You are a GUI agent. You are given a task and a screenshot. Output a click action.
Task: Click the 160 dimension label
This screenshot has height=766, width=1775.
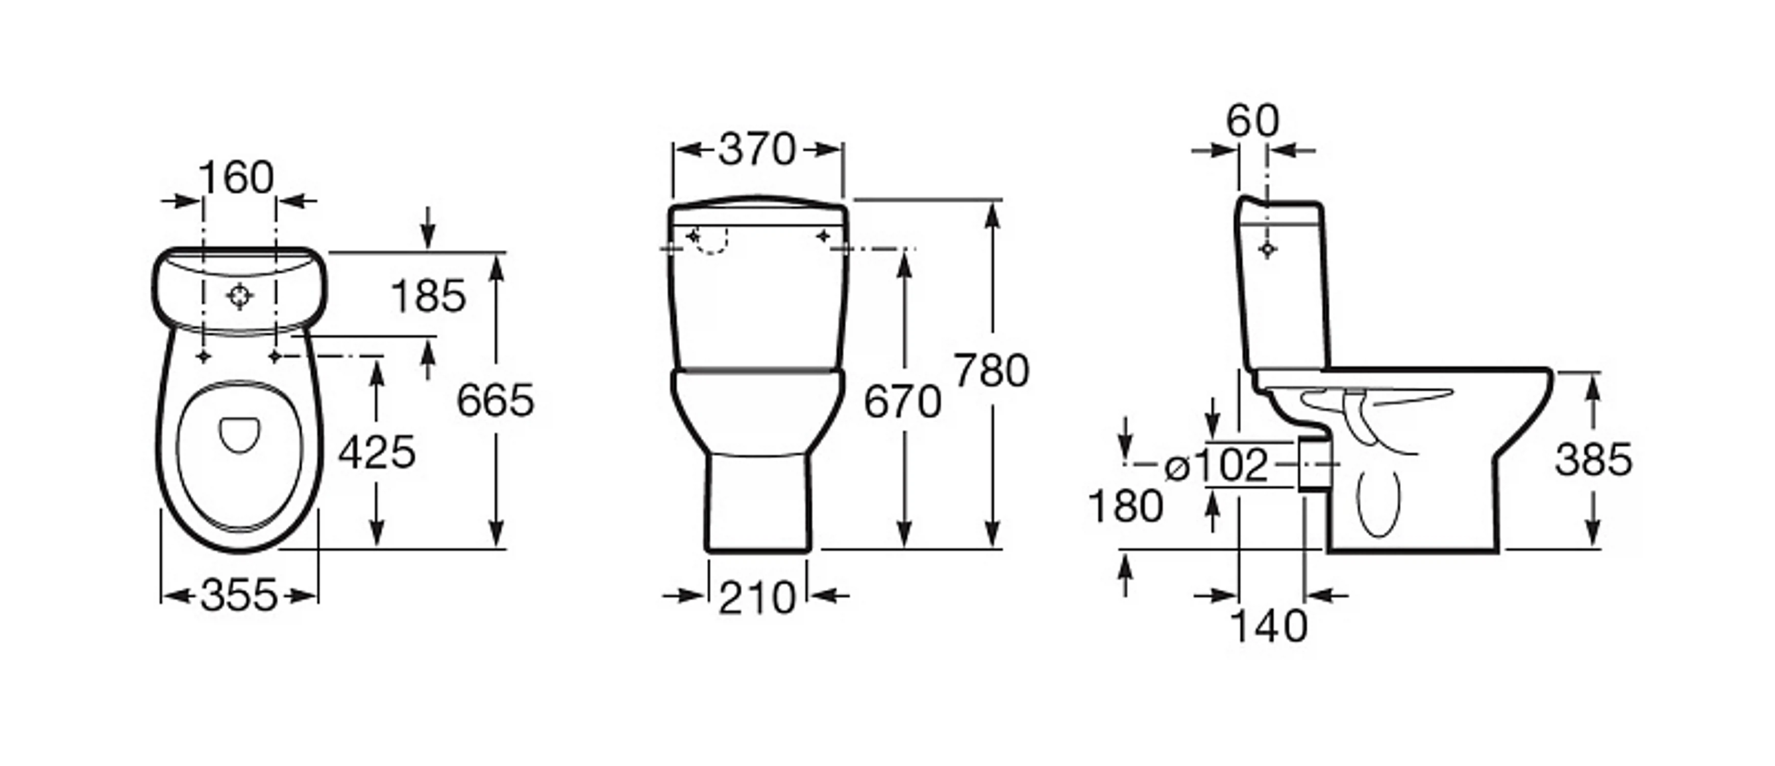click(x=236, y=177)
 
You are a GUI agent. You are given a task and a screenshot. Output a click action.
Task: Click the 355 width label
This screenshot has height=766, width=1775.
click(x=239, y=595)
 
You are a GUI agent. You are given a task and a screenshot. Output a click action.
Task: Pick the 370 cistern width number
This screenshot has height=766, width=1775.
click(x=757, y=150)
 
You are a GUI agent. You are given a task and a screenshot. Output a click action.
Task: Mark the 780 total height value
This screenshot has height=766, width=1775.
click(x=992, y=370)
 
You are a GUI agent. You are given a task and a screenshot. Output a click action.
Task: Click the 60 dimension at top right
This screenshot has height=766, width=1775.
click(x=1252, y=121)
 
